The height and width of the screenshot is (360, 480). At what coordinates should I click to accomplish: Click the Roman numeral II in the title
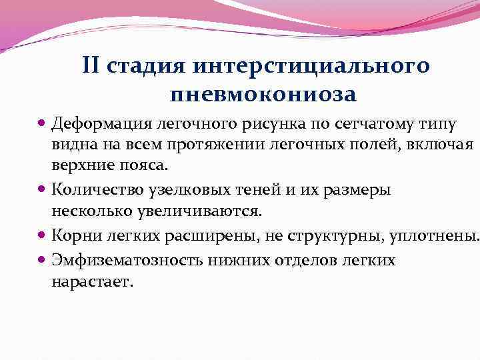[93, 67]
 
